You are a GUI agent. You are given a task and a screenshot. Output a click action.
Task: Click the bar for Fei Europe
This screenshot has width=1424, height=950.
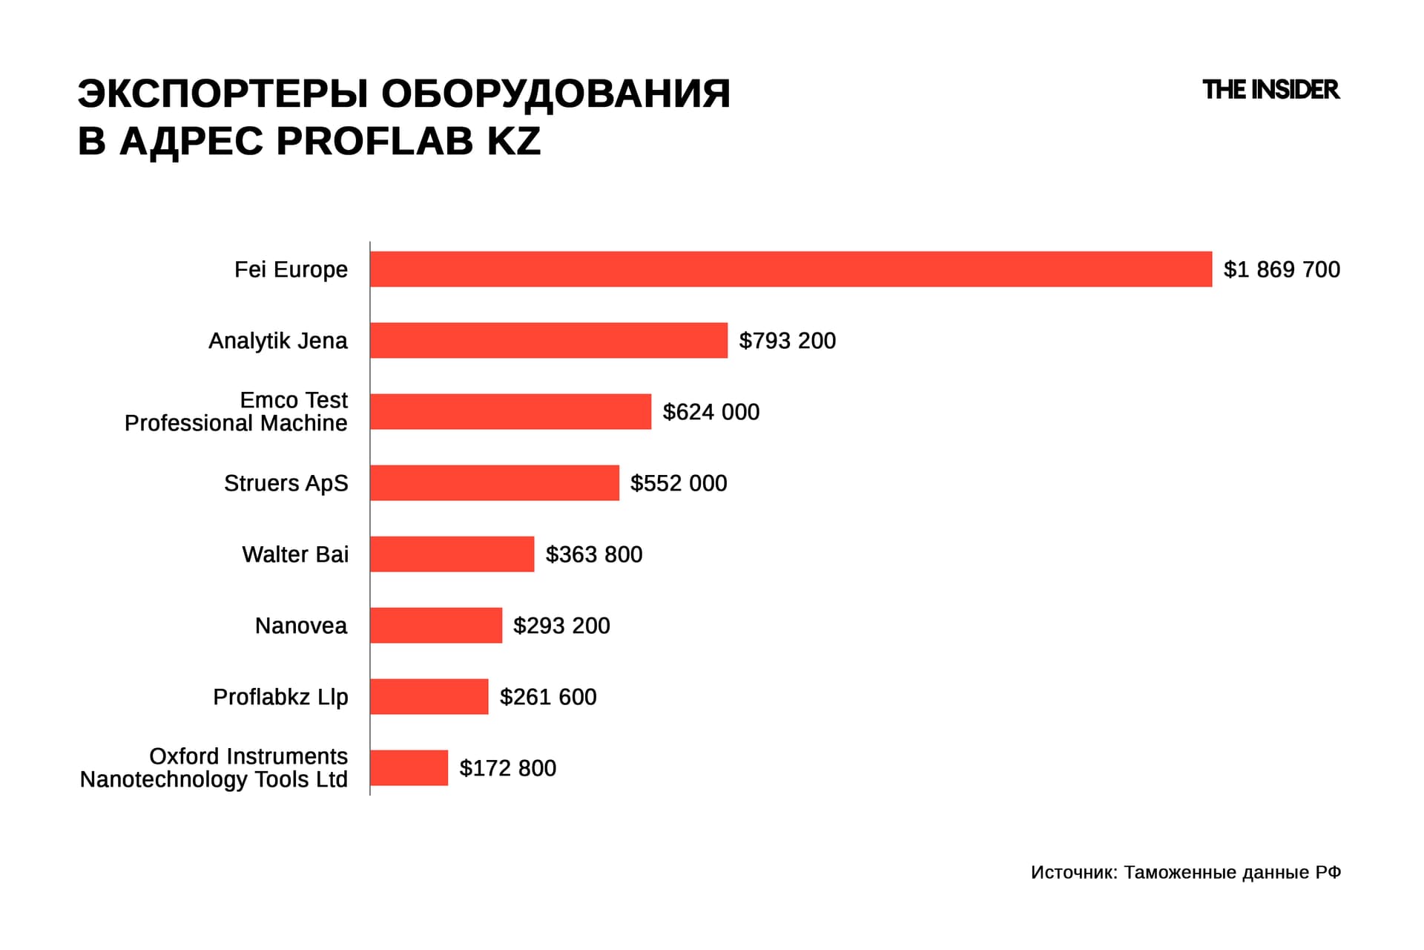tap(791, 269)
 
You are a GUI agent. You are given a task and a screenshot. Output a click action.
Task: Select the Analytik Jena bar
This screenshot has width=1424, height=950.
tap(549, 340)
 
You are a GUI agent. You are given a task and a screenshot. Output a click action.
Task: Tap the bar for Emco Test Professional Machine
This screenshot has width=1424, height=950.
tap(510, 411)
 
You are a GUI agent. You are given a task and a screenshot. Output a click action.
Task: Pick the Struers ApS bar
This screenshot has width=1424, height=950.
tap(494, 482)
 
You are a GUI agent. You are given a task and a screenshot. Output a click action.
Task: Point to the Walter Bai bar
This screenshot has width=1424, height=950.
tap(452, 554)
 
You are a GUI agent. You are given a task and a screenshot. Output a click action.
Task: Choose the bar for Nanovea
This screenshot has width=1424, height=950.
tap(435, 625)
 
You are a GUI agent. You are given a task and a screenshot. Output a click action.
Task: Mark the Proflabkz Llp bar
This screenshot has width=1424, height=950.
tap(429, 696)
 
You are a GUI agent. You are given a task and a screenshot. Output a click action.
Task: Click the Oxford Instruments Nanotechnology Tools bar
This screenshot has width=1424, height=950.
tap(409, 767)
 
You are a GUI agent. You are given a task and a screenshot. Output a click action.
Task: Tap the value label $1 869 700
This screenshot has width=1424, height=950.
tap(1281, 269)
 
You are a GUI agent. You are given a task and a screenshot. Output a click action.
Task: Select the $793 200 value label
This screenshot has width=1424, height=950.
tap(787, 341)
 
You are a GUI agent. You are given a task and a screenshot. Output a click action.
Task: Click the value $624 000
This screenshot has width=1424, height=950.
tap(711, 412)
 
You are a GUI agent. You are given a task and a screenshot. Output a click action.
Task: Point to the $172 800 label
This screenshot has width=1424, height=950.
tap(507, 768)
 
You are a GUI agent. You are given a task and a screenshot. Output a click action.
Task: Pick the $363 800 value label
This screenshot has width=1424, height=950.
tap(593, 554)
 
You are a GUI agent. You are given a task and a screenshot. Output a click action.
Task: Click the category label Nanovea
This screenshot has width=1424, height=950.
tap(300, 626)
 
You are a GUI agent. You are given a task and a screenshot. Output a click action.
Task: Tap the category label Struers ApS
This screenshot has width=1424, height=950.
tap(286, 483)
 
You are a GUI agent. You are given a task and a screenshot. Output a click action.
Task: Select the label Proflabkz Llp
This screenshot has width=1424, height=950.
tap(280, 697)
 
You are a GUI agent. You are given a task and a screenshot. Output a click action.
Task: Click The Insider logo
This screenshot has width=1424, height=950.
tap(1270, 90)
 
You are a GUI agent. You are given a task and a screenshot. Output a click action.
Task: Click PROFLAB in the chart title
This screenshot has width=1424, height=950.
tap(375, 141)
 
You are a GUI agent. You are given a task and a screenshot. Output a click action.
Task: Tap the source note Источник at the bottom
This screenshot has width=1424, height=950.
tap(1073, 872)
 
